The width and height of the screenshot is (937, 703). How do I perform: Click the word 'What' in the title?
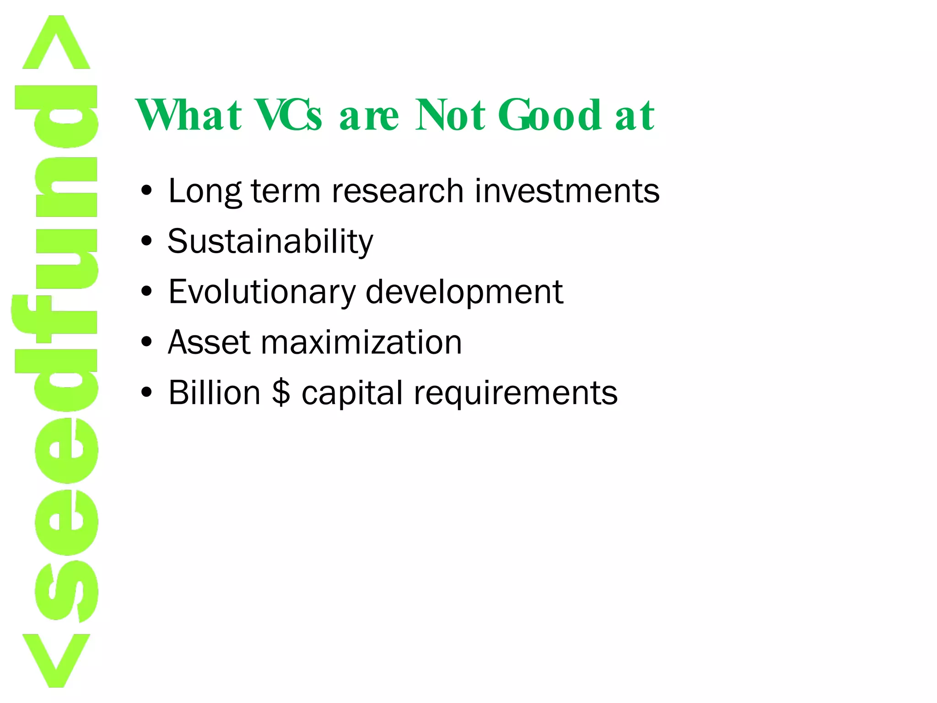(x=188, y=115)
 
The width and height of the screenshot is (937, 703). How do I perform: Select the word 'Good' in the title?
(x=549, y=115)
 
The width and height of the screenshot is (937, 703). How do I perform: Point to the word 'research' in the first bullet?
(x=397, y=191)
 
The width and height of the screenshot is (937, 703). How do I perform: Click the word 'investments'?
(x=567, y=191)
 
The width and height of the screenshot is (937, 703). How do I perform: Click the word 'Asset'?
(x=209, y=342)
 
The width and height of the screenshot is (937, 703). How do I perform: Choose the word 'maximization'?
(x=361, y=342)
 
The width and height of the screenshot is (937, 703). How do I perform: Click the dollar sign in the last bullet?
(x=281, y=393)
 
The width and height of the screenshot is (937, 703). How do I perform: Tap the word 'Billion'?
(x=214, y=393)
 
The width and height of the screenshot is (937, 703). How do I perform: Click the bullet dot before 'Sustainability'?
(x=146, y=241)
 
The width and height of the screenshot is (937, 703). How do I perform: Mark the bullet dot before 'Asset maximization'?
(x=146, y=342)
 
